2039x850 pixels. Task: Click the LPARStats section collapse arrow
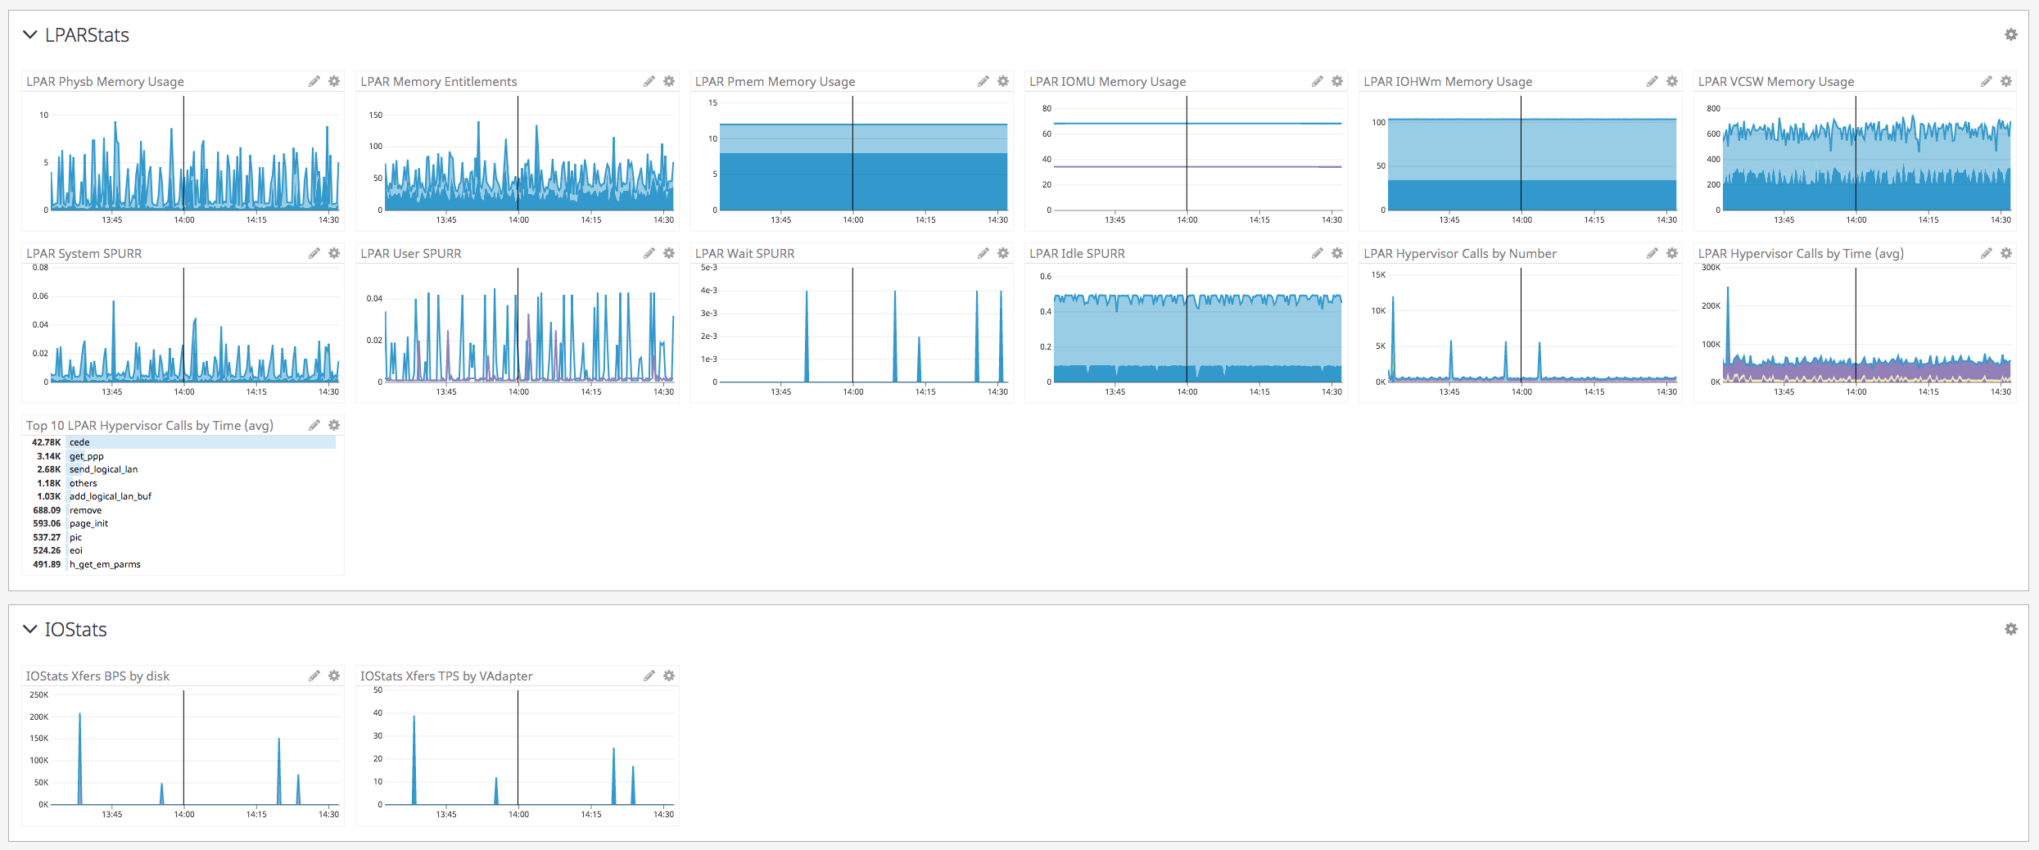(30, 35)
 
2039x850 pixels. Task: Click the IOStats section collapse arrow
(30, 630)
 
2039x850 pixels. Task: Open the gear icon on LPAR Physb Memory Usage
(334, 81)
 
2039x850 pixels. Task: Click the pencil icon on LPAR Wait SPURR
(983, 253)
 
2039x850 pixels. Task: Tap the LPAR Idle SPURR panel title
(1077, 254)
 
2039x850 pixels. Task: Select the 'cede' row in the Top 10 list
(79, 442)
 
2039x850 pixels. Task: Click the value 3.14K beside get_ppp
(48, 456)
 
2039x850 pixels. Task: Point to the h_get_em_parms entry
(105, 564)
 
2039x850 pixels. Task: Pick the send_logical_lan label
(103, 469)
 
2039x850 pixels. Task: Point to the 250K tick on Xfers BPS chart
(39, 695)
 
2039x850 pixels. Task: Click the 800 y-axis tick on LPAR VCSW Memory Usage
(1713, 108)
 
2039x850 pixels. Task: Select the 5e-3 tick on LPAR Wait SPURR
(708, 268)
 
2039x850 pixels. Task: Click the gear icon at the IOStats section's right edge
(2011, 629)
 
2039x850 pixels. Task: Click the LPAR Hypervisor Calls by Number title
(1459, 254)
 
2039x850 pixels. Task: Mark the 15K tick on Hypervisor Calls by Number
(1378, 275)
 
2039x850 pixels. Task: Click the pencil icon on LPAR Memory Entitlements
(649, 81)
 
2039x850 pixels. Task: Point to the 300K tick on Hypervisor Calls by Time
(1711, 268)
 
